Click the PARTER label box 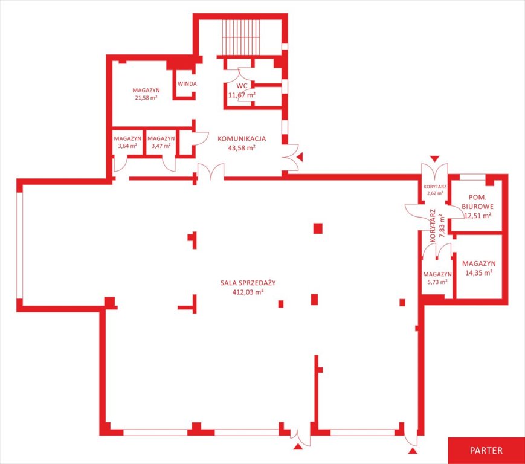pos(486,450)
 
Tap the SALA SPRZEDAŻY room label pos(248,283)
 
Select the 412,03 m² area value pos(248,292)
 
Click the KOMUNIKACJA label pos(242,138)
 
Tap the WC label pos(242,86)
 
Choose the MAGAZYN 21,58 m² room pos(146,94)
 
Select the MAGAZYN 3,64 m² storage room pos(127,142)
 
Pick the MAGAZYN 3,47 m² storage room pos(161,142)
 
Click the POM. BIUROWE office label pos(477,202)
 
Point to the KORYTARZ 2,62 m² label pos(435,190)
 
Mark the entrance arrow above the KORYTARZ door pos(434,159)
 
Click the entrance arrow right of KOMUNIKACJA pos(300,157)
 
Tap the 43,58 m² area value pos(242,147)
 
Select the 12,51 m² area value pos(478,216)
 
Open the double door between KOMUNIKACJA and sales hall pos(211,172)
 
